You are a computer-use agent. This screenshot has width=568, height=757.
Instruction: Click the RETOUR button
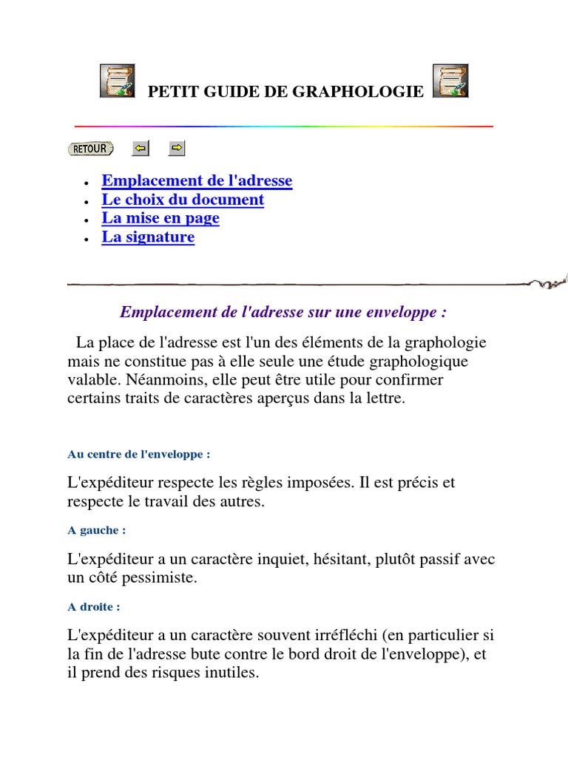click(x=91, y=149)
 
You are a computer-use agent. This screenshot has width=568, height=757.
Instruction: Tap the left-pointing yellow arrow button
click(x=140, y=149)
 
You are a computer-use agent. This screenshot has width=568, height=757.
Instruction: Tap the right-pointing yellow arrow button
click(x=177, y=149)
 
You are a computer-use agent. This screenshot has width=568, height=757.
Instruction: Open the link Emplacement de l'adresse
click(x=197, y=180)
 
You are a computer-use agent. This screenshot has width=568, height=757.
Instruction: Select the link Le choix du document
click(x=183, y=200)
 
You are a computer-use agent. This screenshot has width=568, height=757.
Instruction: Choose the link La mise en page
click(x=160, y=218)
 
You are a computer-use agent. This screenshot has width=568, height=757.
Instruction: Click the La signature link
click(x=148, y=237)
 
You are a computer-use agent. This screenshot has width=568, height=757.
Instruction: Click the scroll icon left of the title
click(x=118, y=81)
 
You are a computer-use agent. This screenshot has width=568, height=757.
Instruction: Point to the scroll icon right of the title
click(x=450, y=81)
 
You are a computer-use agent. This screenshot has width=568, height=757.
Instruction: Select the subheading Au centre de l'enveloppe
click(x=139, y=454)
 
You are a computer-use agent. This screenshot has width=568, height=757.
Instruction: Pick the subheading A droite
click(x=94, y=607)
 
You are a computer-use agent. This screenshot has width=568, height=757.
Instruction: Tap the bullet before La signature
click(x=87, y=239)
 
